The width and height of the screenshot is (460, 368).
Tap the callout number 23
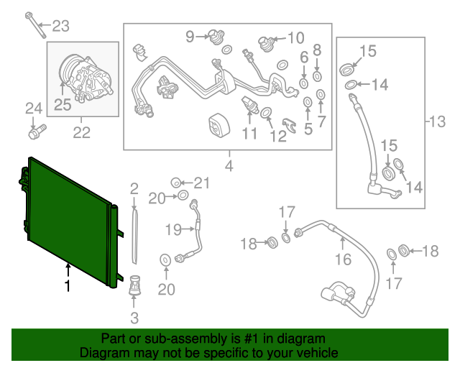click(61, 27)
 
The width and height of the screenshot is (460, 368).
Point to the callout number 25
click(63, 105)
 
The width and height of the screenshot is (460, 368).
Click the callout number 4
click(229, 167)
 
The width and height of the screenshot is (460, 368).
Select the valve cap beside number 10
click(267, 43)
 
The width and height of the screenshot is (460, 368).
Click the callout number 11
click(249, 133)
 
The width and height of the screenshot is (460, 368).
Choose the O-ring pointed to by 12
click(265, 113)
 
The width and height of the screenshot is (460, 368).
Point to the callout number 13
click(436, 121)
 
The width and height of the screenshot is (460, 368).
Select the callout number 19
click(172, 229)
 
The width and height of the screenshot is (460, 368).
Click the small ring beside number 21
click(175, 183)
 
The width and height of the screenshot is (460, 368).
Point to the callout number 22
click(81, 132)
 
